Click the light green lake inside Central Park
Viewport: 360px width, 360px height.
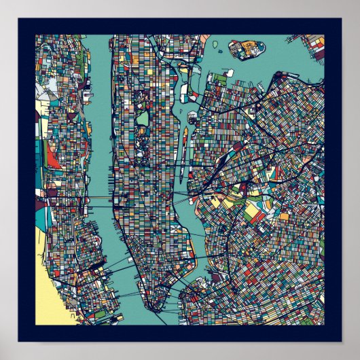coord(143,118)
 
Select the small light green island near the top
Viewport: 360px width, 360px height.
coord(215,43)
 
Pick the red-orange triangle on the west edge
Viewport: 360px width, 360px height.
coord(52,158)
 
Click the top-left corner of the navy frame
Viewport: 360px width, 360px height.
coord(20,20)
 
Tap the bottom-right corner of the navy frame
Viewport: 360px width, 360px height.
coord(340,340)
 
